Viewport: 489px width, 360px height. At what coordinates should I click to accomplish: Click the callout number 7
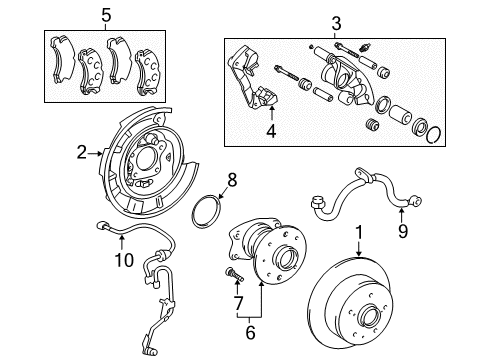[239, 301]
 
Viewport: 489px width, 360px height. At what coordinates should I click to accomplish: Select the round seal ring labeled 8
[207, 213]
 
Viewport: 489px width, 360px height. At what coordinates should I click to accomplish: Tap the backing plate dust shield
[145, 160]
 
